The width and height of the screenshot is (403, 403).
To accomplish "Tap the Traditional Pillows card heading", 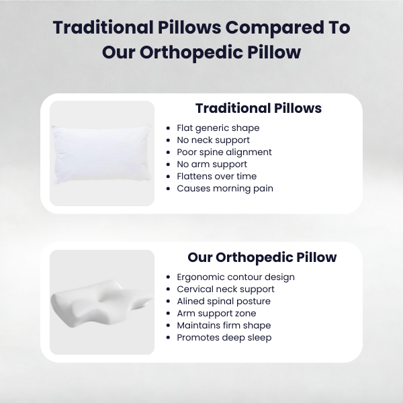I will tap(258, 108).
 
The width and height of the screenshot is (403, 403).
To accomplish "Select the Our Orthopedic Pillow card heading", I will tap(262, 257).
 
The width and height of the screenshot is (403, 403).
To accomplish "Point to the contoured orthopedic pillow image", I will tap(102, 302).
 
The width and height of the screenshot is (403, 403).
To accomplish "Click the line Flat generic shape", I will tap(218, 128).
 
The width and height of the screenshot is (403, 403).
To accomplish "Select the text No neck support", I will tap(213, 140).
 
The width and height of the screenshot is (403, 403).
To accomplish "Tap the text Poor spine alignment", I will tap(224, 152).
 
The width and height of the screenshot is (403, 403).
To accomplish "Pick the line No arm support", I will tap(212, 164).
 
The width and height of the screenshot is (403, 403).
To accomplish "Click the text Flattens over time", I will tap(216, 176).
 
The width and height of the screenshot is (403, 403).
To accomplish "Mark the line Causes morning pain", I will tap(225, 188).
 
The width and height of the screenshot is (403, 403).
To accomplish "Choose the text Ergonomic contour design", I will tap(236, 277).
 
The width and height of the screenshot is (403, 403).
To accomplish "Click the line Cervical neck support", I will tap(226, 289).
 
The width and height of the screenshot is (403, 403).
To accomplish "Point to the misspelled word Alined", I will tap(191, 301).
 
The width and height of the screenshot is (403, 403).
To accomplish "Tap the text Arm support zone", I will tap(216, 313).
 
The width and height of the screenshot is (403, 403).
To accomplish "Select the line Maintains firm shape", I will tap(224, 325).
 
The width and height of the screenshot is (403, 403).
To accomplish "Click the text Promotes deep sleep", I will tap(224, 337).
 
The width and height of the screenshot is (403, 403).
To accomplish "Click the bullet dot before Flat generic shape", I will tap(168, 128).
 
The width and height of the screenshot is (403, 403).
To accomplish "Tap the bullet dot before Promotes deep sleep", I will tap(168, 338).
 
